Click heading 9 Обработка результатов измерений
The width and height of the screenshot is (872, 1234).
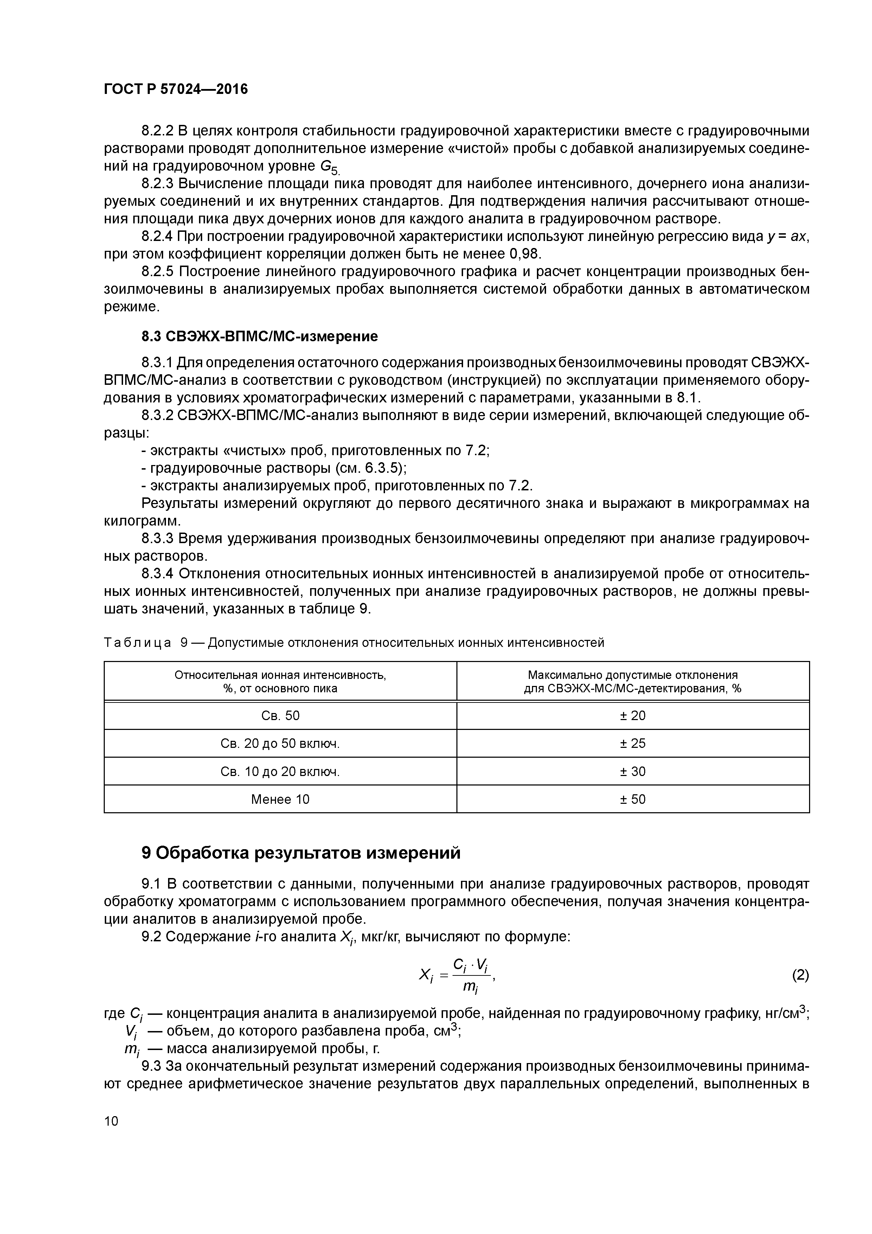click(301, 853)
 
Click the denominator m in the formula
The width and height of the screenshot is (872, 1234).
click(470, 987)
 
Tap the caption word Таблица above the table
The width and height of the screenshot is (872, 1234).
click(137, 643)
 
